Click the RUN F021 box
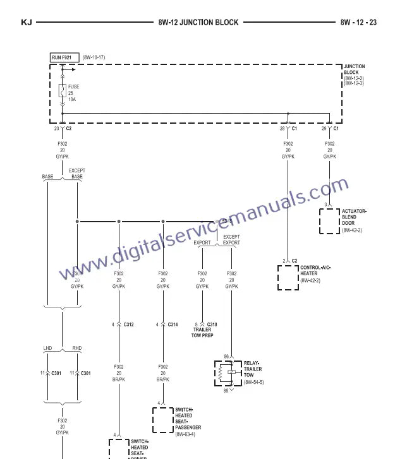tap(64, 57)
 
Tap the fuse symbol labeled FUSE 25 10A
tap(62, 91)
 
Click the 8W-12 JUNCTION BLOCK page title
tap(198, 22)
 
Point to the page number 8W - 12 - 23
tap(358, 22)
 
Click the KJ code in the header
tap(26, 22)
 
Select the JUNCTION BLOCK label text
tap(354, 69)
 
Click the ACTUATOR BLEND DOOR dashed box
tap(329, 220)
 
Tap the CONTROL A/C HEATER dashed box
tap(288, 277)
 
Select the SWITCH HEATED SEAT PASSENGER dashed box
tap(163, 419)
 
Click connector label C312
tap(128, 325)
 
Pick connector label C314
tap(173, 325)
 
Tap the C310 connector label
tap(212, 325)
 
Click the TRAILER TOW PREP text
tap(202, 333)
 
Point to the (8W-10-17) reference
tap(94, 57)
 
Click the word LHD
tap(47, 348)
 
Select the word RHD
tap(76, 348)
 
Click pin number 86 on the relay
tap(226, 357)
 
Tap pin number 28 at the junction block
tap(282, 128)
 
